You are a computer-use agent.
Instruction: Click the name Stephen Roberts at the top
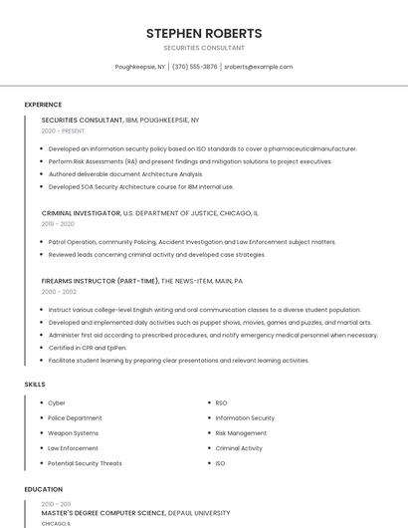pyautogui.click(x=204, y=33)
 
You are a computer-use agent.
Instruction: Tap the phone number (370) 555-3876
pyautogui.click(x=195, y=67)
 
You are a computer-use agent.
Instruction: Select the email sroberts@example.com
pyautogui.click(x=259, y=67)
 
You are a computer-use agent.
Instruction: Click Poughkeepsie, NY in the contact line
pyautogui.click(x=140, y=67)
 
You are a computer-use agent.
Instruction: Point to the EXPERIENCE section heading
pyautogui.click(x=43, y=105)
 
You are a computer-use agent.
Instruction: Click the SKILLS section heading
pyautogui.click(x=35, y=384)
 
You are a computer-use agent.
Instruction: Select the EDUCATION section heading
pyautogui.click(x=44, y=489)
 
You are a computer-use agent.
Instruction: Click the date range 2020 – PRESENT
pyautogui.click(x=63, y=131)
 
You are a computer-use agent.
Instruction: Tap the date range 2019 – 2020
pyautogui.click(x=58, y=224)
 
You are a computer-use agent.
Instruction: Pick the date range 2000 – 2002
pyautogui.click(x=59, y=292)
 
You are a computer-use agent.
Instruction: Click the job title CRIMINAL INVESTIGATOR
pyautogui.click(x=81, y=213)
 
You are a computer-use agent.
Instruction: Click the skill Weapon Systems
pyautogui.click(x=74, y=433)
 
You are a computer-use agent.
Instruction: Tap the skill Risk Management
pyautogui.click(x=241, y=433)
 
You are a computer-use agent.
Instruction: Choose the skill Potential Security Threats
pyautogui.click(x=85, y=463)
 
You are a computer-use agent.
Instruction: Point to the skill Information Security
pyautogui.click(x=245, y=418)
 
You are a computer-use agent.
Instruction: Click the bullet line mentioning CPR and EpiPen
pyautogui.click(x=88, y=348)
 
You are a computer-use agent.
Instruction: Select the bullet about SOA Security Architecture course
pyautogui.click(x=141, y=186)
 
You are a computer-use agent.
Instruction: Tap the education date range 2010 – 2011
pyautogui.click(x=57, y=504)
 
